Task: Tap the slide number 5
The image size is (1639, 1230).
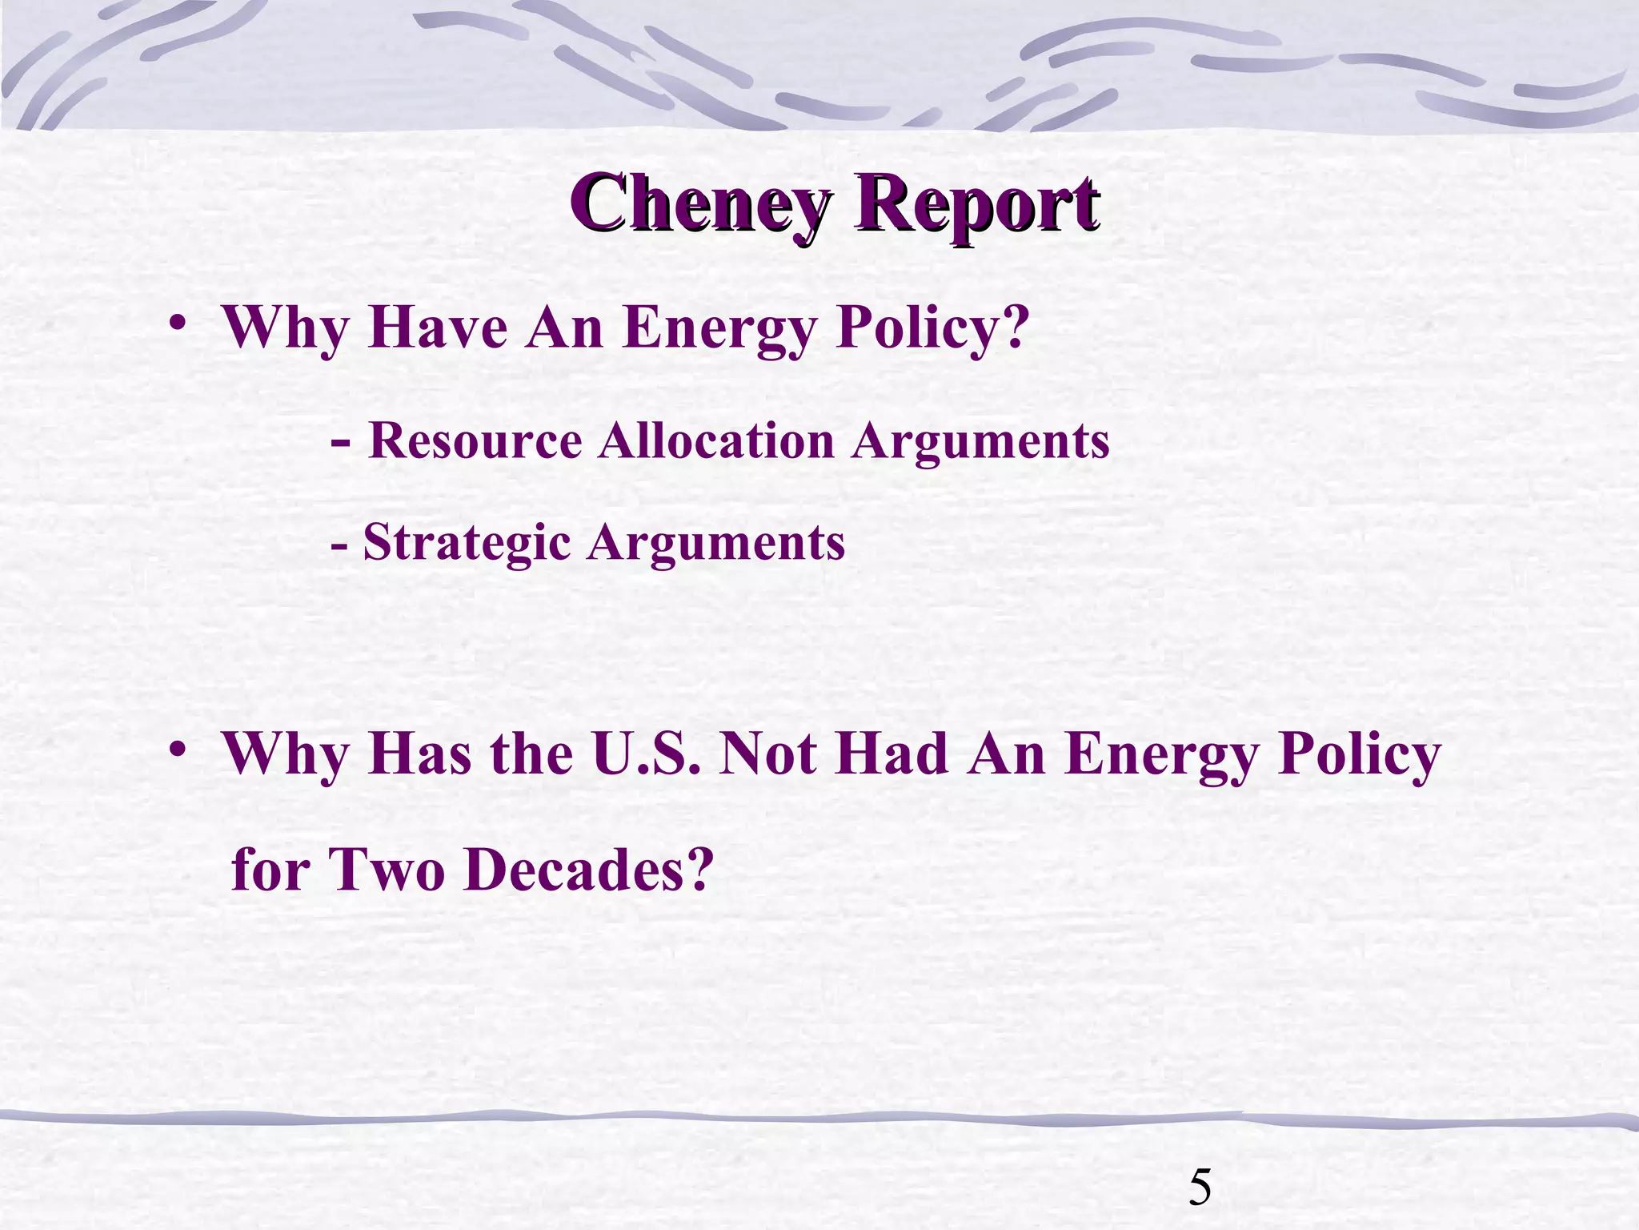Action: pos(1200,1188)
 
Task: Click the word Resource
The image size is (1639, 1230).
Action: pos(475,441)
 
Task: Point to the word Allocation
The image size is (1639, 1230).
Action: pos(715,441)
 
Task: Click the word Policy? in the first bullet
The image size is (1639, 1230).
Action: pos(932,328)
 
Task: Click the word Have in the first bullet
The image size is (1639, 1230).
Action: pos(438,328)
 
